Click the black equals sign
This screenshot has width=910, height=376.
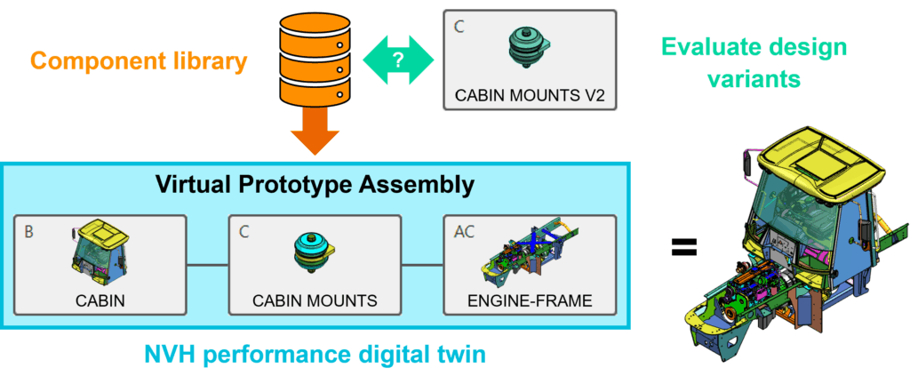[x=682, y=246]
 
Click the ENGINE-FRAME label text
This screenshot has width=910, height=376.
[x=530, y=300]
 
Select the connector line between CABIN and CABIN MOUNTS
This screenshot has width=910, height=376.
[x=207, y=264]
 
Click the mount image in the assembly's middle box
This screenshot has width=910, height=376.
[x=314, y=252]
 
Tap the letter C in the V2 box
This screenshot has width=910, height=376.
[x=459, y=27]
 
